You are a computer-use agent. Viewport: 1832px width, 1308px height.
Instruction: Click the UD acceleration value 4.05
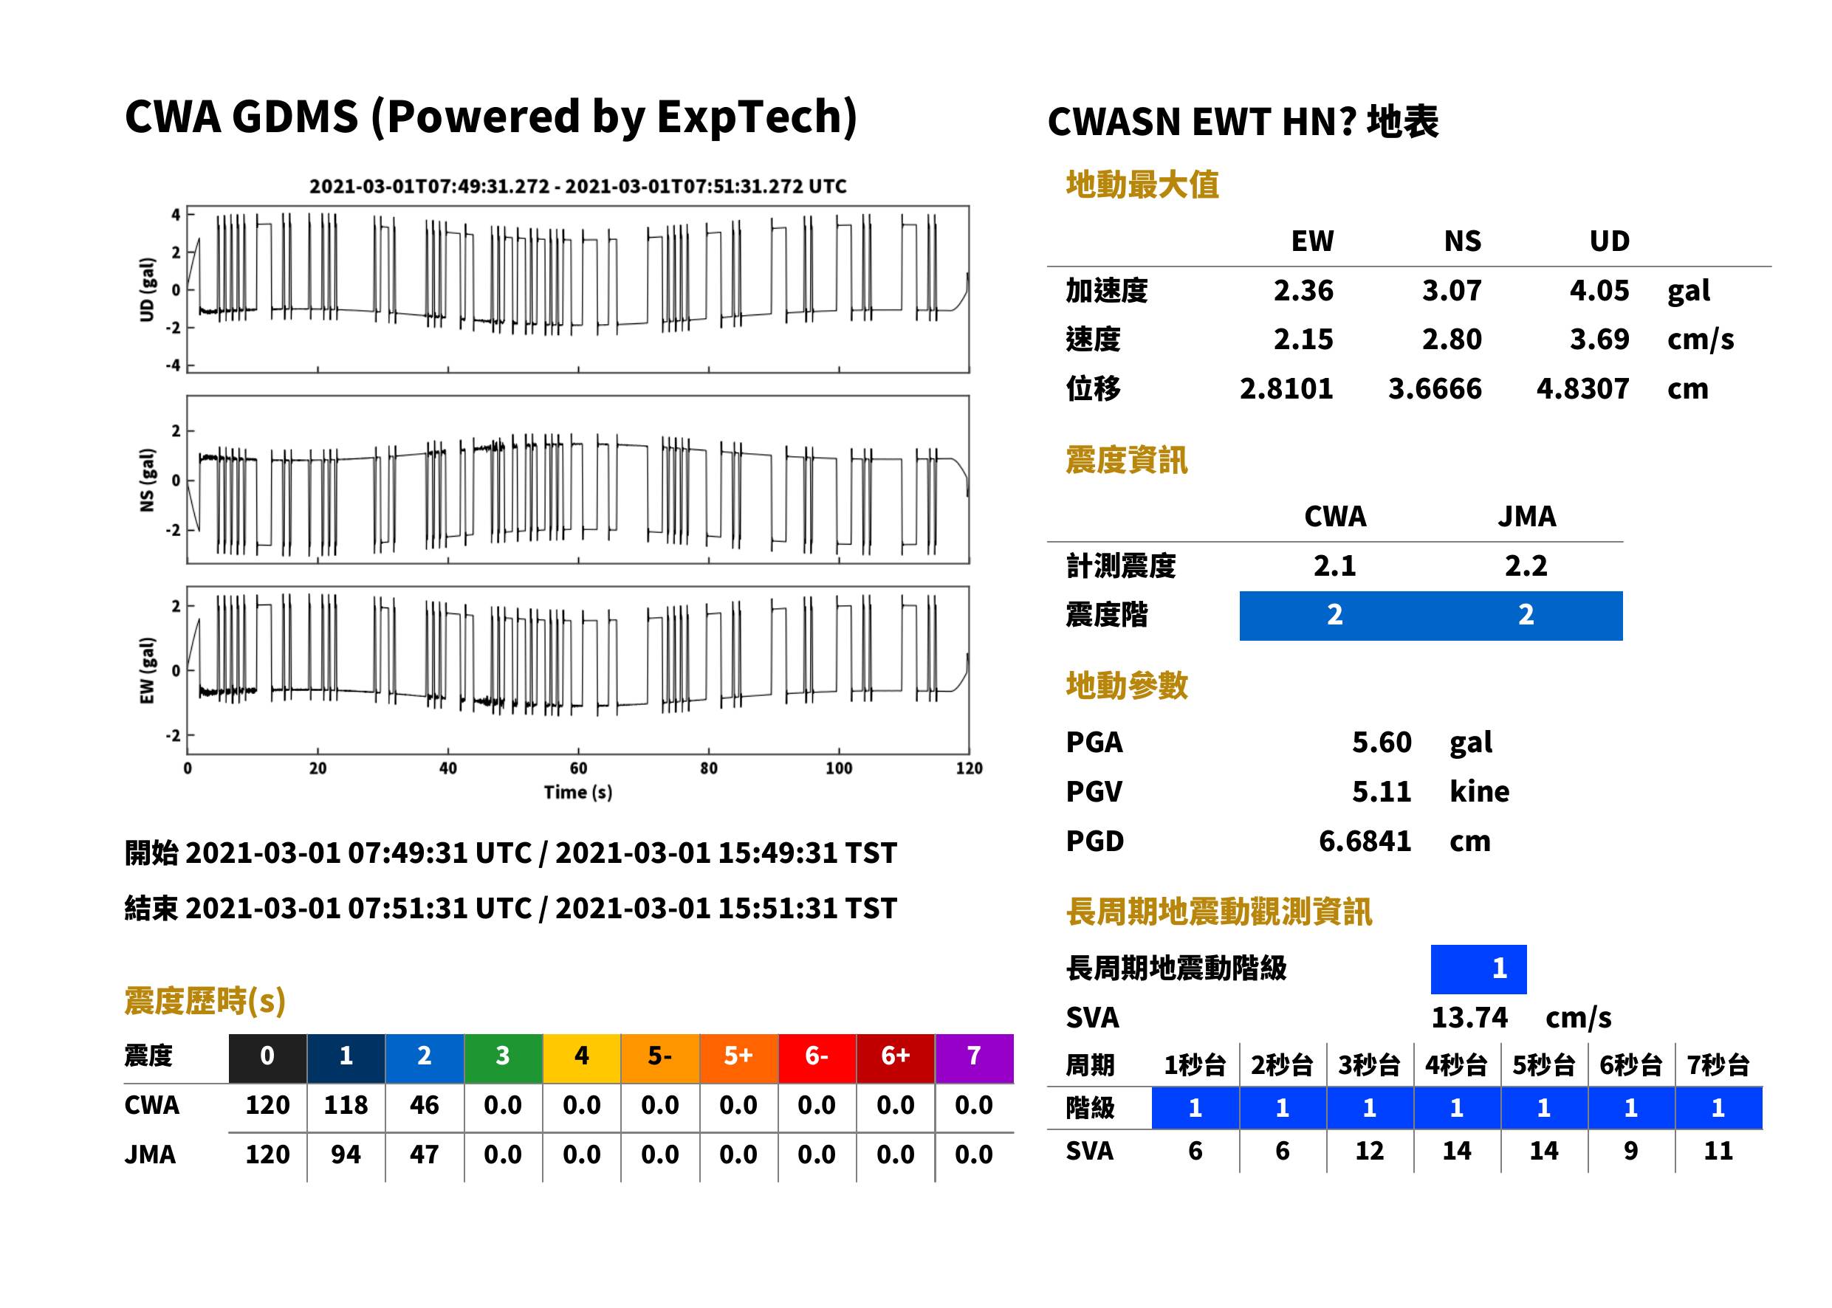pyautogui.click(x=1599, y=290)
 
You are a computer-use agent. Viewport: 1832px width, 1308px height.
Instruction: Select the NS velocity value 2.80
pyautogui.click(x=1451, y=339)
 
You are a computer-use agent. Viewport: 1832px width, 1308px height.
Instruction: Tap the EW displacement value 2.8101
pyautogui.click(x=1286, y=388)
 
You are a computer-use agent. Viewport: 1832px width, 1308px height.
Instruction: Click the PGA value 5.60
pyautogui.click(x=1382, y=742)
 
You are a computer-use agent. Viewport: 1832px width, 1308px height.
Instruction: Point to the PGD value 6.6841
pyautogui.click(x=1365, y=841)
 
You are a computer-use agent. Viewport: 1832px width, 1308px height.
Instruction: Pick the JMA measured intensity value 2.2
pyautogui.click(x=1526, y=565)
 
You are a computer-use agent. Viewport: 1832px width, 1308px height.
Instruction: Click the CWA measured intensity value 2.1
pyautogui.click(x=1335, y=565)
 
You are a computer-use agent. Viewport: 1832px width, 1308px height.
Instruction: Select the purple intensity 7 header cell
pyautogui.click(x=974, y=1058)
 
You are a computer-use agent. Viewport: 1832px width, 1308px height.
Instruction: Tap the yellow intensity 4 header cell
pyautogui.click(x=582, y=1058)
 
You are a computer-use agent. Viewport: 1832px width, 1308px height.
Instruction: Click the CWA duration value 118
pyautogui.click(x=346, y=1104)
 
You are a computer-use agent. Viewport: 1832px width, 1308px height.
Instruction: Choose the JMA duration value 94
pyautogui.click(x=346, y=1154)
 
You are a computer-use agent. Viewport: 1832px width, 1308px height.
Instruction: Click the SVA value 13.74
pyautogui.click(x=1469, y=1017)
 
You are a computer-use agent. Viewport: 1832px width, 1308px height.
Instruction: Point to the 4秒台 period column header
pyautogui.click(x=1457, y=1064)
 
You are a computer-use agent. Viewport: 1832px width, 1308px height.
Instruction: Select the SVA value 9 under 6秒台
pyautogui.click(x=1630, y=1150)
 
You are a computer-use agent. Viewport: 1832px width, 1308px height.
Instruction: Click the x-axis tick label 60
pyautogui.click(x=578, y=768)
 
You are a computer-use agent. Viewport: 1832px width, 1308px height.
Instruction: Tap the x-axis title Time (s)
pyautogui.click(x=577, y=793)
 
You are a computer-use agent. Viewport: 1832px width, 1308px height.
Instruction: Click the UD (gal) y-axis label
pyautogui.click(x=147, y=290)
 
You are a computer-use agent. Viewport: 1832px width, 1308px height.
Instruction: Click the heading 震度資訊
pyautogui.click(x=1126, y=460)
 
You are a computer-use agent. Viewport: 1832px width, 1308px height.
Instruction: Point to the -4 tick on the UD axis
pyautogui.click(x=174, y=365)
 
